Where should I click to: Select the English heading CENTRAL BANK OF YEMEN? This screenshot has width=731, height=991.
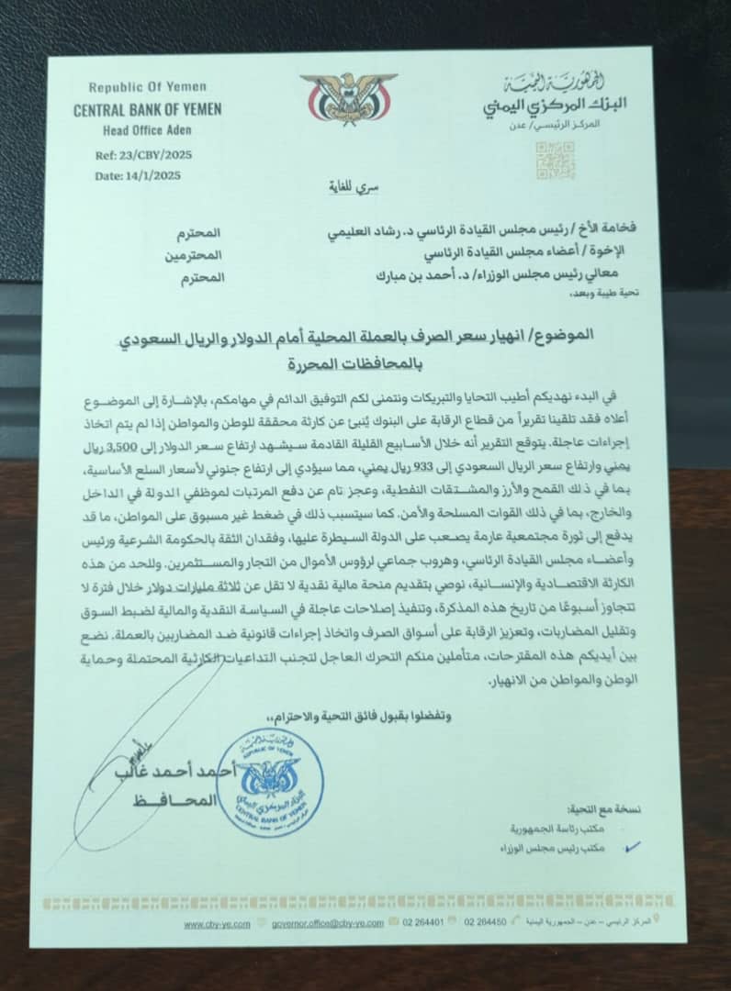click(148, 109)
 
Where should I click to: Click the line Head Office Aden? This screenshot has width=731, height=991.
click(147, 129)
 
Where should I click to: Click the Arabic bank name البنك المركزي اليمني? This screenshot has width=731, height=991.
click(542, 106)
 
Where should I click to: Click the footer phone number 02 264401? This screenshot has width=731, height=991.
click(427, 923)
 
